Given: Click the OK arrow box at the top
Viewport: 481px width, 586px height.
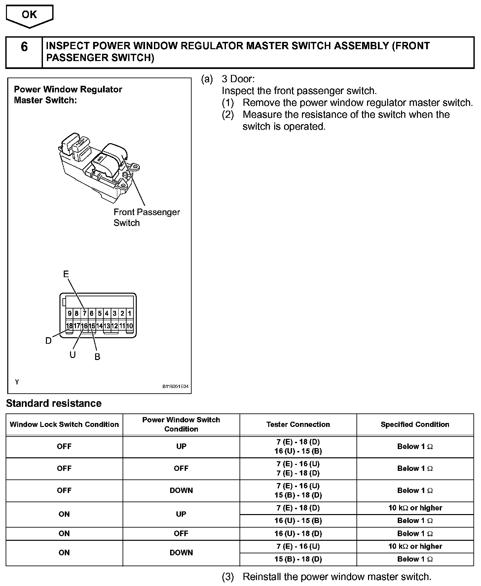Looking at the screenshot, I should pos(29,16).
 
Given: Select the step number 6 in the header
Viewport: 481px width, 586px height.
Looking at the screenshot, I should pos(24,47).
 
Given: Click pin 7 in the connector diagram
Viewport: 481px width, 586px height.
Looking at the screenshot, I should pos(85,313).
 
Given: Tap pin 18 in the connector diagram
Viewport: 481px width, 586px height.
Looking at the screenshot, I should pos(69,326).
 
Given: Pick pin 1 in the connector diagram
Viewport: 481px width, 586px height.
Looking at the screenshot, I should pos(129,313).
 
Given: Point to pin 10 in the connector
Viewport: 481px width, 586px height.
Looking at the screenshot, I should pos(129,326).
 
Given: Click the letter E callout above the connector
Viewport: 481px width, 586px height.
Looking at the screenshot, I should pos(66,274).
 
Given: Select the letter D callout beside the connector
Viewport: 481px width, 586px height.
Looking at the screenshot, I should pos(49,341).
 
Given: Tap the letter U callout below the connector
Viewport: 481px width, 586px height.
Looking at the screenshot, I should pos(72,355).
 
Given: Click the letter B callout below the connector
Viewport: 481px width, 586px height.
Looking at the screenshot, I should pos(97,357).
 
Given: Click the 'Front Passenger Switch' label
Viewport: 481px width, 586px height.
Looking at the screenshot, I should pos(146,217).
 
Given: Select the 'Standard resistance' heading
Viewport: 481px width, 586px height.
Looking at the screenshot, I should pos(54,403).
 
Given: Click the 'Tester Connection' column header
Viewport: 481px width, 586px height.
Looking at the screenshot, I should pos(298,424).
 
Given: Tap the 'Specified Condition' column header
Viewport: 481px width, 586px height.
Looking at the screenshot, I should pos(415,424).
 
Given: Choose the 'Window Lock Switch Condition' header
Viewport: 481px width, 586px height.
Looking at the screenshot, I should pos(64,424).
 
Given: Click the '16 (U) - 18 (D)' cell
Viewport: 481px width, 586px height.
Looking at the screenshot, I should pos(298,534).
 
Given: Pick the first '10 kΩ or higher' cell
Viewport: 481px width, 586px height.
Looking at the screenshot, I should pos(415,508).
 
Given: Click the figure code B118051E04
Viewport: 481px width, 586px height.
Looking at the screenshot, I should pos(175,386).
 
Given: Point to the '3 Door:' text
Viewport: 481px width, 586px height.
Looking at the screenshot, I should pos(238,79).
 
